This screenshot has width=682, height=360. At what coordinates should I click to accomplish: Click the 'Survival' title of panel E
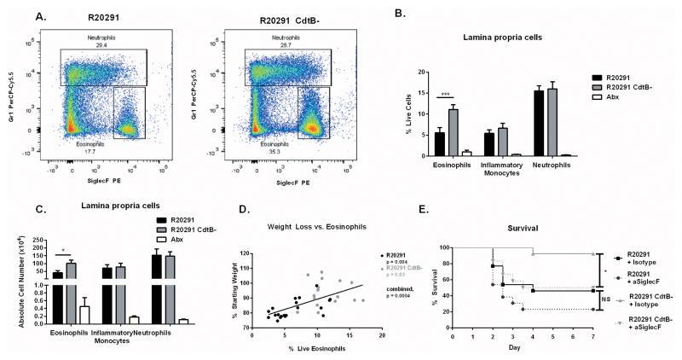pyautogui.click(x=529, y=233)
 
